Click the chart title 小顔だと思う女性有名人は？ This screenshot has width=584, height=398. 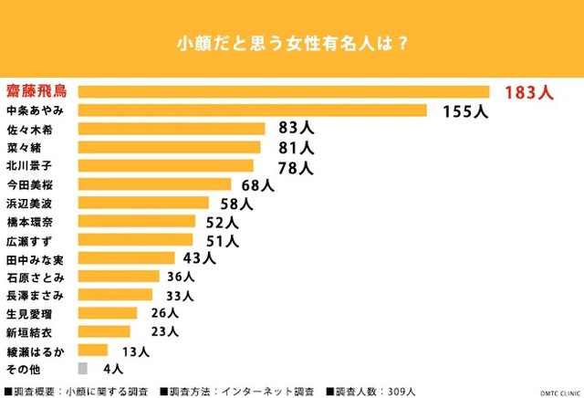(x=291, y=43)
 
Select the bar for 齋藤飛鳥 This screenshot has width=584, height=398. (x=284, y=91)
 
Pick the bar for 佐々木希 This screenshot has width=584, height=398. (x=172, y=129)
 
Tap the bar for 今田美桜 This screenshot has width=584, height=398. (x=154, y=184)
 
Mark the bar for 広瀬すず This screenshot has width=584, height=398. (x=136, y=240)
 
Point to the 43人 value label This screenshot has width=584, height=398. (x=199, y=258)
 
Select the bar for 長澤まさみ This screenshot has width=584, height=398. (x=116, y=295)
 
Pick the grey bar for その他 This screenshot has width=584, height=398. (x=83, y=368)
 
